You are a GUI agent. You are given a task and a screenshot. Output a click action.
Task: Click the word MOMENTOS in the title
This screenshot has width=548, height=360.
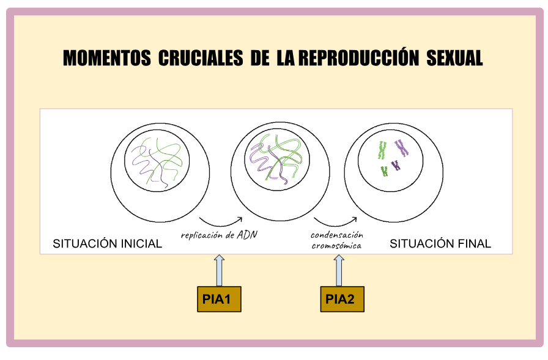click(x=106, y=58)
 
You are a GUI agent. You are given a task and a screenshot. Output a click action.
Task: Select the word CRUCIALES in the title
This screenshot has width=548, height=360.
click(x=201, y=58)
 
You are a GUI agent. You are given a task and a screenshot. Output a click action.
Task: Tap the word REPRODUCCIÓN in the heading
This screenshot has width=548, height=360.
click(x=358, y=57)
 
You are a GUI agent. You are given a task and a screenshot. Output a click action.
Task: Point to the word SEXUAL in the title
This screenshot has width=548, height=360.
click(x=454, y=58)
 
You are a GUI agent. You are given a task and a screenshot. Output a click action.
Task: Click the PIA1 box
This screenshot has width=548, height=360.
click(x=219, y=299)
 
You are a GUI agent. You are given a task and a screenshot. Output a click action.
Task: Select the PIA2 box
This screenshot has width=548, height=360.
click(x=342, y=299)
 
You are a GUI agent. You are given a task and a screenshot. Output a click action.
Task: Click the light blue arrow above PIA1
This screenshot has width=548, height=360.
click(x=219, y=270)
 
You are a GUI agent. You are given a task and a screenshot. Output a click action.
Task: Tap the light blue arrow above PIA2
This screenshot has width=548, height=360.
click(x=339, y=270)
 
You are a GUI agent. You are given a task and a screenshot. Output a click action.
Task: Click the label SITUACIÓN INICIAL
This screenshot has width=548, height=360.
click(x=107, y=243)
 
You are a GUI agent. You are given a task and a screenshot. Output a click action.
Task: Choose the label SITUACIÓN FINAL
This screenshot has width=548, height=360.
click(x=440, y=243)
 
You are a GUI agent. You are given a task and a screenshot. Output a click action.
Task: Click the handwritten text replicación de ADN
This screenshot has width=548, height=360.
click(x=219, y=235)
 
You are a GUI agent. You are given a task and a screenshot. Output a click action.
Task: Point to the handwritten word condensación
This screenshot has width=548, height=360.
click(x=337, y=235)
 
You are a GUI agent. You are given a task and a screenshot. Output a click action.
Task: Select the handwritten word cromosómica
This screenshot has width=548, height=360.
click(x=336, y=246)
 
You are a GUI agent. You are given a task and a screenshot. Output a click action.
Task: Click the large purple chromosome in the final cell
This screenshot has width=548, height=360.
click(x=402, y=148)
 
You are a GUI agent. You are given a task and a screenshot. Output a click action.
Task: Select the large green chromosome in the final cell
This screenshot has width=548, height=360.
click(x=382, y=150)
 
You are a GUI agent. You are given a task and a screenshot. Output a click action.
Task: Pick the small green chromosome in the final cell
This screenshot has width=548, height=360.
click(x=385, y=172)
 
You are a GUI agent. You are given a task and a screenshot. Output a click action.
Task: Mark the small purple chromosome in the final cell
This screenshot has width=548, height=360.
click(x=396, y=165)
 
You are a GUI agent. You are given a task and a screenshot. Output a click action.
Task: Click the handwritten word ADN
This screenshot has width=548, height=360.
click(x=247, y=234)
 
